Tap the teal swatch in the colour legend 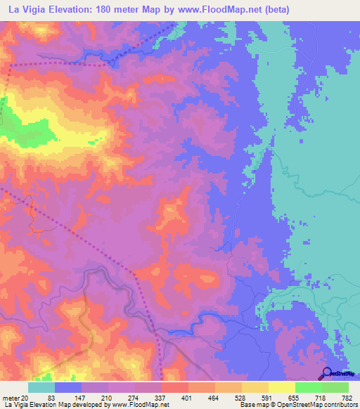(x=41, y=388)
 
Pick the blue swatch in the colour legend (x=68, y=388)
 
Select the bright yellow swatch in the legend (x=282, y=388)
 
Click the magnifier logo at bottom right (x=326, y=372)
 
